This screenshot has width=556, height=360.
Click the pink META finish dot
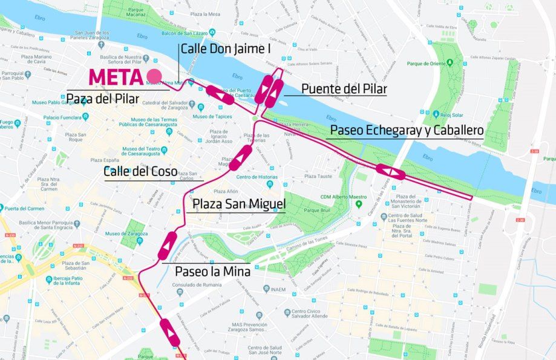click(154, 77)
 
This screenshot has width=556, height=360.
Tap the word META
click(116, 77)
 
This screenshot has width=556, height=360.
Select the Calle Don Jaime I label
click(225, 50)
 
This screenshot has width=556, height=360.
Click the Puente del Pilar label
click(344, 89)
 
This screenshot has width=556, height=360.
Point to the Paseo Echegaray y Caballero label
click(407, 130)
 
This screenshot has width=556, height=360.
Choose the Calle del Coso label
click(140, 171)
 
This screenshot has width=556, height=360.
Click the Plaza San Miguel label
click(239, 205)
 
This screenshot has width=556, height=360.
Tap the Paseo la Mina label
click(212, 271)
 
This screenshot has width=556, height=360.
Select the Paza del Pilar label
click(102, 98)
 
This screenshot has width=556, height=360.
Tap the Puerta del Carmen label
click(25, 209)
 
